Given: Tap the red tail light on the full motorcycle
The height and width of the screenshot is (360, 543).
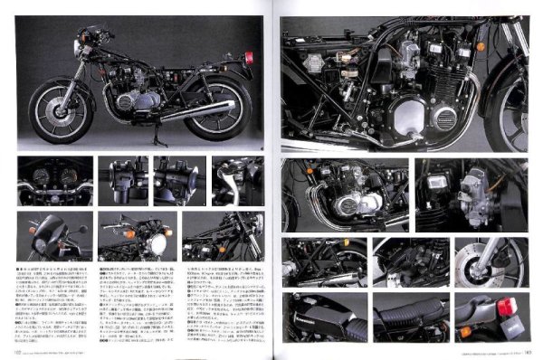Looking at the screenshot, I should coord(246,60).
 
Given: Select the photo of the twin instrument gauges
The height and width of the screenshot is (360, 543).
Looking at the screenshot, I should coord(54,179).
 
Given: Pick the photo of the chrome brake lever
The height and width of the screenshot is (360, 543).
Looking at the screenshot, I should coord(237,179).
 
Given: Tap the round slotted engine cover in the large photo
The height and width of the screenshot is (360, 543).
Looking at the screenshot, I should coord(446,117).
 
